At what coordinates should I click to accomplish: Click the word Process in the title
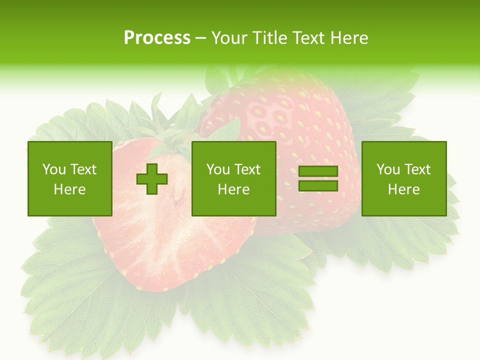click(157, 38)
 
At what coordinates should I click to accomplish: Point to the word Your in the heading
click(229, 38)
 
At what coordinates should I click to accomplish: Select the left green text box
click(70, 178)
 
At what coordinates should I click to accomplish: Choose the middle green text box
click(234, 178)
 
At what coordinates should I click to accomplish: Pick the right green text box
click(404, 178)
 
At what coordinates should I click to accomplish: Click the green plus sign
click(152, 179)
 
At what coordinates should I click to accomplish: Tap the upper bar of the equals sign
click(318, 171)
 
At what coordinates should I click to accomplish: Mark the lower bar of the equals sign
click(318, 185)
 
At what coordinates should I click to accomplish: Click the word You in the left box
click(53, 169)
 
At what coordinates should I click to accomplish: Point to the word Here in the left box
click(70, 189)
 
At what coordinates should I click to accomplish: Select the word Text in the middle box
click(247, 169)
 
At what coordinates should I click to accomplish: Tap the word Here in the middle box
click(234, 189)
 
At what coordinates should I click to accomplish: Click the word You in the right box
click(387, 169)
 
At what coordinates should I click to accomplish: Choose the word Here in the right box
click(404, 189)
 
